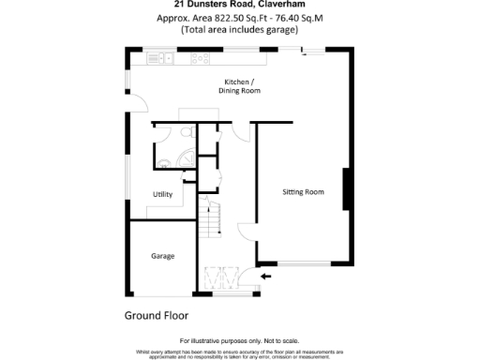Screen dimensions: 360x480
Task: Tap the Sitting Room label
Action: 303,192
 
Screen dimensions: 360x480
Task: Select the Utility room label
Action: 162,194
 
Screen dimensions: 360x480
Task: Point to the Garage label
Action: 163,255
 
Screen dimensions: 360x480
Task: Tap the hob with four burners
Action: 200,59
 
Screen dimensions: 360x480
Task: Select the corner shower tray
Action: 187,157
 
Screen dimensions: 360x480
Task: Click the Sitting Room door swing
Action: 246,232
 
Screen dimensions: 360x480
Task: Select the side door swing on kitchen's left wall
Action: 139,106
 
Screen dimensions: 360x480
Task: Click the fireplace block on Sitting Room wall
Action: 347,190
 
